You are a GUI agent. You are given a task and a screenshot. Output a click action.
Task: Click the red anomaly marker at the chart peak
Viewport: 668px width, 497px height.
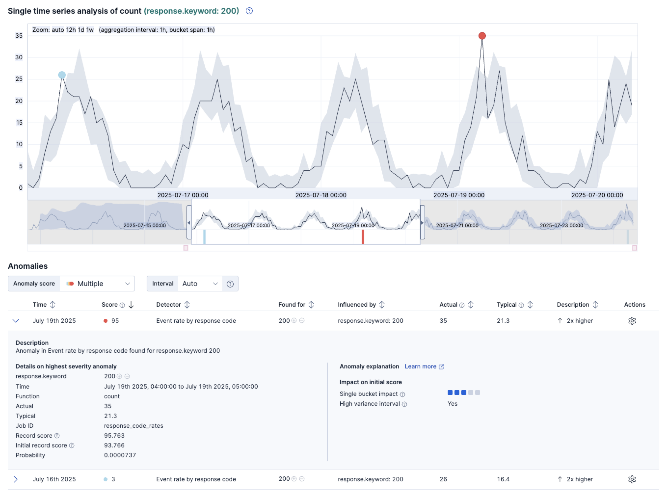click(482, 36)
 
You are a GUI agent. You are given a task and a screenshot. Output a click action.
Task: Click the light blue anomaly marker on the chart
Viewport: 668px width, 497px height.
click(62, 75)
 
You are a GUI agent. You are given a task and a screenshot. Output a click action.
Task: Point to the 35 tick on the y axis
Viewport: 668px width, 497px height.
click(19, 36)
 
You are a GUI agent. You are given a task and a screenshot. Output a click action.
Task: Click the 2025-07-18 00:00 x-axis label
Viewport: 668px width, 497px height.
click(321, 195)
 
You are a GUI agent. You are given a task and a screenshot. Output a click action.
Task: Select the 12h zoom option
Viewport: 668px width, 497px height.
click(71, 30)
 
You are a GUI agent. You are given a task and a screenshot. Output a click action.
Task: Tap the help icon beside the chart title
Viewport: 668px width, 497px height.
click(249, 11)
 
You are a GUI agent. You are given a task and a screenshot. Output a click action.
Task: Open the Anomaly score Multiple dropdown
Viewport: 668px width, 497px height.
click(97, 284)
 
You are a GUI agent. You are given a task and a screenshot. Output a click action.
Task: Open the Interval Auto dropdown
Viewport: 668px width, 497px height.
click(200, 284)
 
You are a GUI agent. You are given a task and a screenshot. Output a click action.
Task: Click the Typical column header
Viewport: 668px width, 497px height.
click(507, 304)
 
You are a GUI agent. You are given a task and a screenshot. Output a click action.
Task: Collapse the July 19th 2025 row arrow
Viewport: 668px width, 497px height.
click(16, 321)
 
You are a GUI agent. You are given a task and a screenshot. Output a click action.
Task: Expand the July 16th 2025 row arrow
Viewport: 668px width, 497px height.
click(16, 479)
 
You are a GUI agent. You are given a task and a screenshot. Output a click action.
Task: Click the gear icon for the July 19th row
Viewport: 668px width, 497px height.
click(632, 321)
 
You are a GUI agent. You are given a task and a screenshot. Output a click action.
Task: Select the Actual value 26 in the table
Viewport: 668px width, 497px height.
click(443, 479)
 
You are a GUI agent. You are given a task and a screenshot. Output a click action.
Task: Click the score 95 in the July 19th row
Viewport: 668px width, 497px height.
click(115, 321)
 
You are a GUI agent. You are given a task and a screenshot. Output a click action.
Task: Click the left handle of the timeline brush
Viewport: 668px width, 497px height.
click(189, 223)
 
